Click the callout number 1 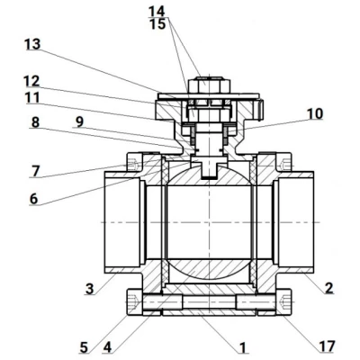pos(241,346)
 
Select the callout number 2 pos(329,288)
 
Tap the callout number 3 pos(90,288)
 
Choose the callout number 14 pos(157,10)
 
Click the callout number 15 pos(157,22)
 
